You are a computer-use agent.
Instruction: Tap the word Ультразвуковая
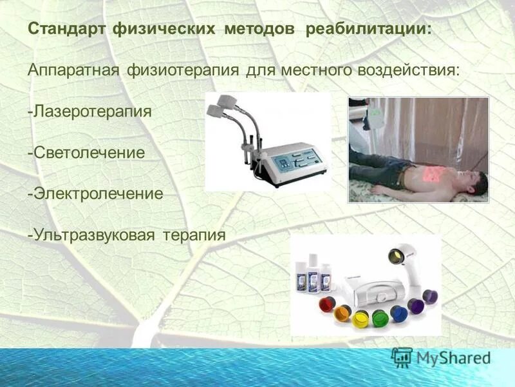pyautogui.click(x=91, y=234)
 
